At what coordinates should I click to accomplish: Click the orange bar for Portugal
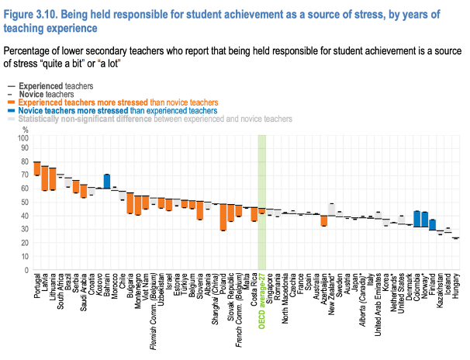click(x=36, y=168)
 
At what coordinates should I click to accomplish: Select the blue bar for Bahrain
click(x=107, y=182)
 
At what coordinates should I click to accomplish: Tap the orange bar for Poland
click(x=223, y=217)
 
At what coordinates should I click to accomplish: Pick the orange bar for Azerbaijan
click(x=324, y=220)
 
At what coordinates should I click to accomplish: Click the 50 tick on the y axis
click(x=23, y=202)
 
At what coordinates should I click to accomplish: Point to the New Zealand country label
click(x=332, y=294)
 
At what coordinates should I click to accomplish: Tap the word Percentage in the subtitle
click(x=31, y=50)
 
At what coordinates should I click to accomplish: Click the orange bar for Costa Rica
click(x=254, y=214)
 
